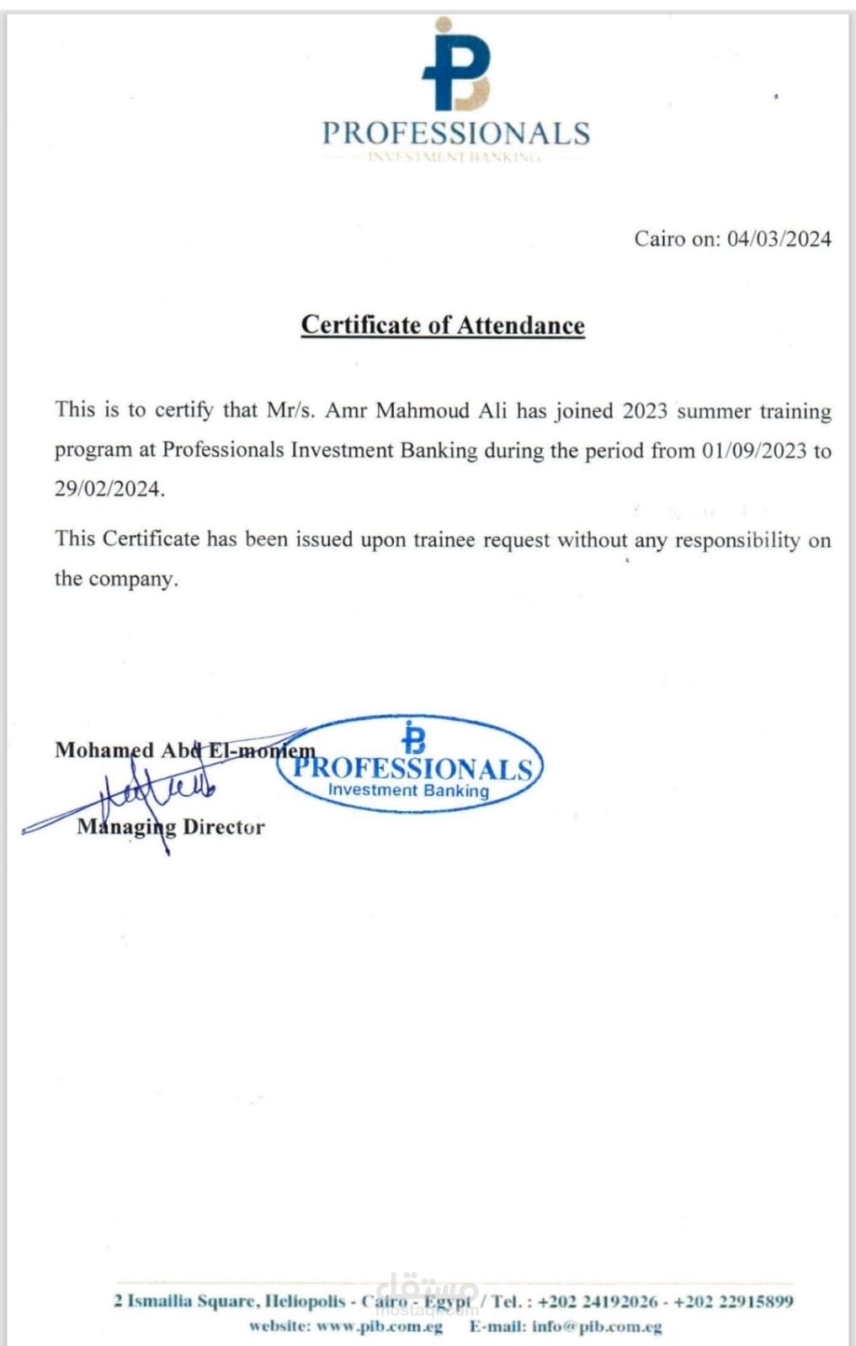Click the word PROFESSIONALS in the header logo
tap(456, 133)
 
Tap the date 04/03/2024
tap(779, 239)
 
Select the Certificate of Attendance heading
tap(443, 326)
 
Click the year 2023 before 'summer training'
tap(645, 411)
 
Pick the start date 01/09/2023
tap(754, 450)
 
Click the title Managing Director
tap(171, 827)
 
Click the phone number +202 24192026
tap(598, 1301)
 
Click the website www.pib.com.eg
tap(379, 1327)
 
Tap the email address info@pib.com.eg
tap(597, 1327)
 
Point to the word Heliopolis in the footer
tap(305, 1301)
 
